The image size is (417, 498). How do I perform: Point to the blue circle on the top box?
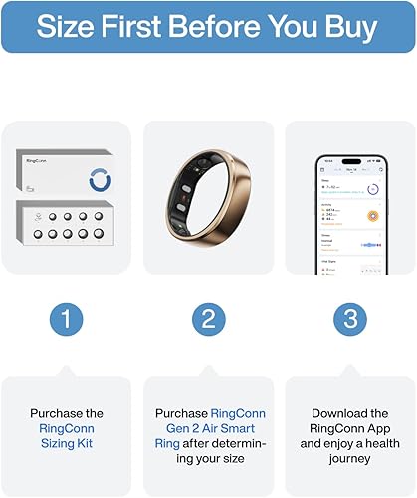tap(101, 179)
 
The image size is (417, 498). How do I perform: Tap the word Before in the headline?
tap(210, 26)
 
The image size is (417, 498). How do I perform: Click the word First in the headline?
tap(132, 26)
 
